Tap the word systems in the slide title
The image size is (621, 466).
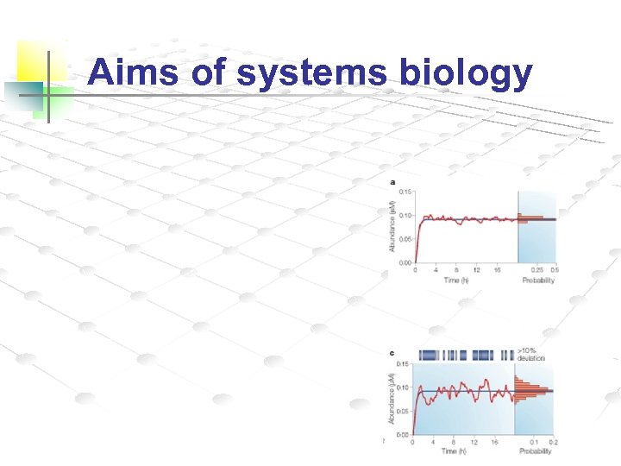311,74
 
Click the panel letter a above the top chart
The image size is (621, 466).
393,182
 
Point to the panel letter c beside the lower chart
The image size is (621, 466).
393,353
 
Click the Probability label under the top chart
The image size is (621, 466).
536,280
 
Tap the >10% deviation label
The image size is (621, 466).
530,355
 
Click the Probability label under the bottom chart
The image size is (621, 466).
535,451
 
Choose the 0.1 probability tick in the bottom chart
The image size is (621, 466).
534,442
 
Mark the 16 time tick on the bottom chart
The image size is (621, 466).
495,442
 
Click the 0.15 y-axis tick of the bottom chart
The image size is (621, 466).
404,364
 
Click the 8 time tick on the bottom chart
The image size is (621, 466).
454,442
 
